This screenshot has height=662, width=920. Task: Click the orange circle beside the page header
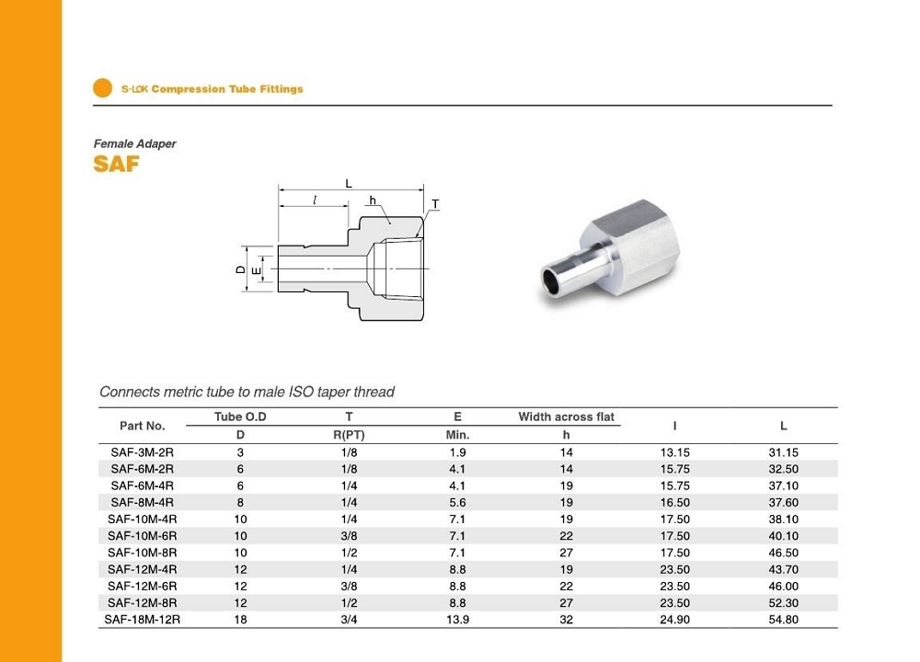tap(103, 88)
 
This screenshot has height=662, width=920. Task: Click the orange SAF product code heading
tap(116, 165)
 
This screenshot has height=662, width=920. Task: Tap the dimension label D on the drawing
tap(240, 269)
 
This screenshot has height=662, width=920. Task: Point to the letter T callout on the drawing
tap(435, 204)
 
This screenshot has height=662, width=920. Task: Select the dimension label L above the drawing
tap(349, 184)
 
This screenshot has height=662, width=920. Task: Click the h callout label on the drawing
tap(372, 200)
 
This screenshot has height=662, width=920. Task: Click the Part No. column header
tap(142, 426)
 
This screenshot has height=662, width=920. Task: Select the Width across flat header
tap(566, 417)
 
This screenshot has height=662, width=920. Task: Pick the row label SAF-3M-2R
tap(142, 452)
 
